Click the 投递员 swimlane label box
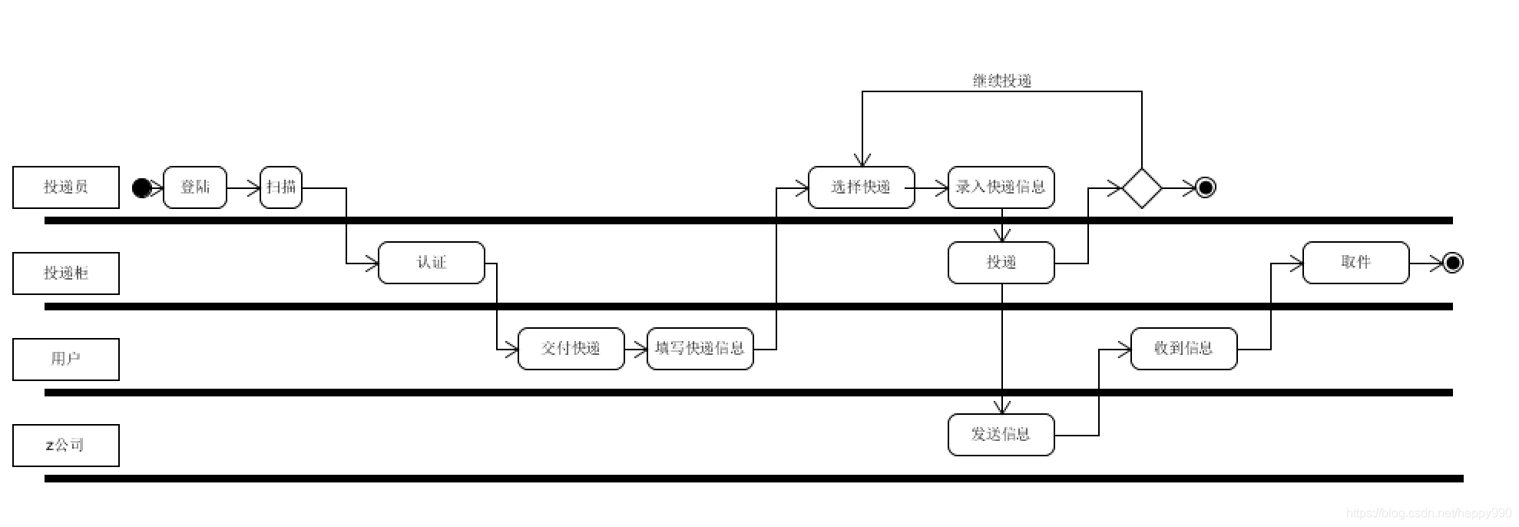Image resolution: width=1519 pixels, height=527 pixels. tap(66, 187)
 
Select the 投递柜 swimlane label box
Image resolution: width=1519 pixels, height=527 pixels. tap(66, 273)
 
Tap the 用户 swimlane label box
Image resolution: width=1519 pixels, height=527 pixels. tap(66, 360)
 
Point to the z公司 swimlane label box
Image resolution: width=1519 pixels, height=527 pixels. tap(66, 446)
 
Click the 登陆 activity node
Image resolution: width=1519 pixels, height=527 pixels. tap(195, 187)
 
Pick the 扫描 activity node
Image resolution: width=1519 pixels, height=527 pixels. tap(281, 187)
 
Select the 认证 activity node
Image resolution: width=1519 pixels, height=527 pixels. tap(432, 263)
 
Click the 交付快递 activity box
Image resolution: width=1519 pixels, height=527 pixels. tap(571, 349)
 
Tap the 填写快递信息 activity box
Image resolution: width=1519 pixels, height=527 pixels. tap(700, 349)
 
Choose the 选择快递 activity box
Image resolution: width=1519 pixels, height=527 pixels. tap(862, 187)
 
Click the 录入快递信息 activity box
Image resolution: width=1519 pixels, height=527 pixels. tap(1001, 187)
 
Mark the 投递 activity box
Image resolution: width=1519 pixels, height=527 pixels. tap(1001, 263)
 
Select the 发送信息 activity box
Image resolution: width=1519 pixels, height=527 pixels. tap(1001, 435)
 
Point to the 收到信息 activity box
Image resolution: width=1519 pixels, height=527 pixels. tap(1184, 349)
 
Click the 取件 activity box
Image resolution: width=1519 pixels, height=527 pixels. tap(1356, 263)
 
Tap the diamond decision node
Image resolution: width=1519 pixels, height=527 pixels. tap(1142, 188)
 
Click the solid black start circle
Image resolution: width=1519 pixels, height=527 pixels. tap(142, 188)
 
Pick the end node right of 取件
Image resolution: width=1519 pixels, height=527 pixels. tap(1453, 263)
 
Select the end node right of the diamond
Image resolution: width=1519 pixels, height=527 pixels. tap(1206, 188)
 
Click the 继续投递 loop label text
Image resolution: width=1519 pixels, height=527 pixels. tap(1002, 81)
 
